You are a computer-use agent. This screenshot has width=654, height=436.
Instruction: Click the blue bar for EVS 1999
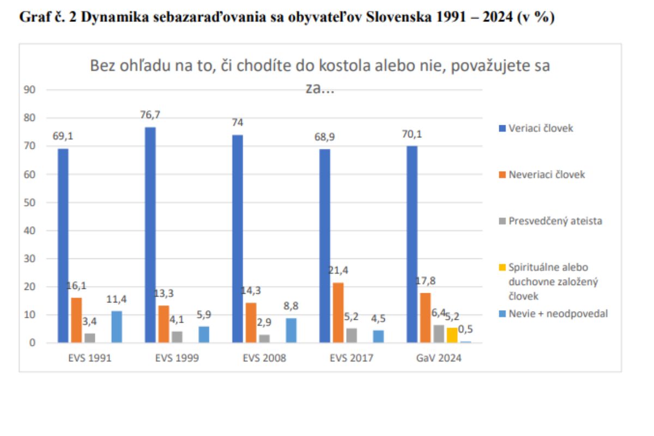tap(150, 234)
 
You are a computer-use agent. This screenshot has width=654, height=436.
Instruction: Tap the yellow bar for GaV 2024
tap(452, 335)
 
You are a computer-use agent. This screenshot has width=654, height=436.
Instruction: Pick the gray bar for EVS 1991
tap(90, 338)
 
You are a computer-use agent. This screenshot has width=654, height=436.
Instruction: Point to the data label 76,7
tap(150, 115)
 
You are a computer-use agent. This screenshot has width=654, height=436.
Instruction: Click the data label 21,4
tap(338, 271)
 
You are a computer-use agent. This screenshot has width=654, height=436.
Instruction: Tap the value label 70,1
tap(411, 134)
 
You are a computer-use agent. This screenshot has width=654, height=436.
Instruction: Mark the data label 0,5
tap(465, 329)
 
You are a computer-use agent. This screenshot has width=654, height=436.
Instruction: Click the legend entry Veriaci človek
tap(540, 129)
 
